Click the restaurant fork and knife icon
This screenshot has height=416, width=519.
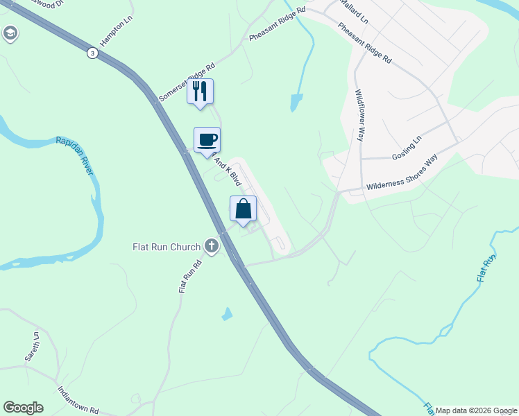pyautogui.click(x=200, y=92)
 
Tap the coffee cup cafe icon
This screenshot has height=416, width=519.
pyautogui.click(x=207, y=140)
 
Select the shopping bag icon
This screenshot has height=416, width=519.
pyautogui.click(x=243, y=209)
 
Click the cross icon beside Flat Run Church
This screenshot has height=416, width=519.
pyautogui.click(x=212, y=246)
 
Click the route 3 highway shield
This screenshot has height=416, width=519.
pyautogui.click(x=92, y=53)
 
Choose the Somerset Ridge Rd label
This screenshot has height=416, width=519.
pyautogui.click(x=187, y=83)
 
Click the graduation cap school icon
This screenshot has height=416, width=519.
pyautogui.click(x=10, y=33)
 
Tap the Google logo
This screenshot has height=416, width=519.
pyautogui.click(x=23, y=408)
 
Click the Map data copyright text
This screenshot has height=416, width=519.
pyautogui.click(x=476, y=410)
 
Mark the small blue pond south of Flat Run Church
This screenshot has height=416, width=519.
pyautogui.click(x=227, y=314)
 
